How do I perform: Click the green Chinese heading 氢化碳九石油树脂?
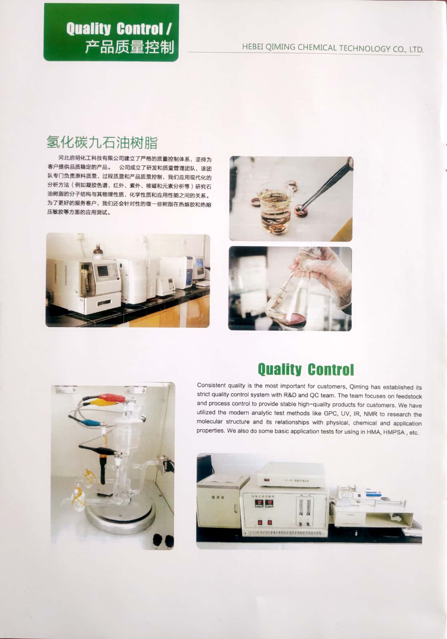pos(102,142)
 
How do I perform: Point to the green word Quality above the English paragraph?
pos(279,370)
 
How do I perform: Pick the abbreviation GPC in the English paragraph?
pos(331,413)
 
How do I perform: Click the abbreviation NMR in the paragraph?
pos(370,414)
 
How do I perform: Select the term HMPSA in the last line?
pos(393,432)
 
